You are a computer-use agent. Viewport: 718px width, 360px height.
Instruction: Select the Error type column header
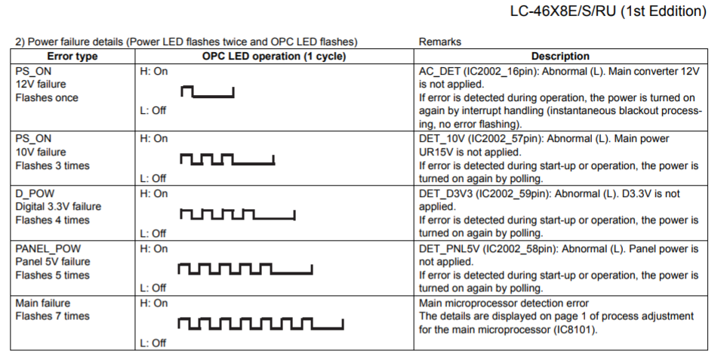click(x=72, y=57)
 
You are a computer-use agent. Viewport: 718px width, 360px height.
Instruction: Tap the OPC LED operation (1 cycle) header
click(x=274, y=57)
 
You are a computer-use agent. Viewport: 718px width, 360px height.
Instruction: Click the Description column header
click(x=560, y=57)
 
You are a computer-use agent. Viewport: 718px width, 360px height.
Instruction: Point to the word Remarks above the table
click(x=439, y=42)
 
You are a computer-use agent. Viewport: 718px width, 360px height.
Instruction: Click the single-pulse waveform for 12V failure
click(x=208, y=92)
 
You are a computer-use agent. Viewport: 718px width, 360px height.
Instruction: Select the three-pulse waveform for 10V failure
click(x=227, y=159)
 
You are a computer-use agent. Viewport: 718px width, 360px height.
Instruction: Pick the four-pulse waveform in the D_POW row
click(x=237, y=214)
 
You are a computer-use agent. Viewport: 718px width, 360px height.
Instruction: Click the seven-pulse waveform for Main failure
click(x=260, y=324)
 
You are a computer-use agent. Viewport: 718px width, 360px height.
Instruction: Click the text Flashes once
click(x=47, y=98)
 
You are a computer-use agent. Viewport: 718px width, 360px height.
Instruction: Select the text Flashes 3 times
click(x=52, y=166)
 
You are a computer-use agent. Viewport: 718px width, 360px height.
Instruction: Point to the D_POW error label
click(x=35, y=194)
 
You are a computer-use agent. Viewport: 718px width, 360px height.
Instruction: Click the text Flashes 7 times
click(x=52, y=316)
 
